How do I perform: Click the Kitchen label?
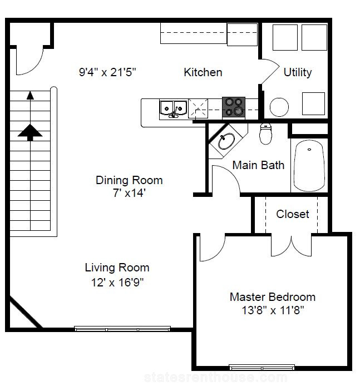point(203,72)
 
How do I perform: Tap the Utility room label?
point(298,72)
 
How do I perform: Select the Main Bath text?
point(258,165)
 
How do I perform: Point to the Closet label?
point(293,214)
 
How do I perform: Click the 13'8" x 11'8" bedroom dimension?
point(273,310)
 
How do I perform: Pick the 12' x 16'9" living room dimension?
point(117,283)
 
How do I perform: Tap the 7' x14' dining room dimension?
point(129,193)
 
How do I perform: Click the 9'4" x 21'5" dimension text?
point(107,72)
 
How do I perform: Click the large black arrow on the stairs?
point(30,132)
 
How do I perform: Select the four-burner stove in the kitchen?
point(234,107)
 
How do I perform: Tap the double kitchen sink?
point(174,108)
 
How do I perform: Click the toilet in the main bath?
point(265,133)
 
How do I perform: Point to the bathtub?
point(309,166)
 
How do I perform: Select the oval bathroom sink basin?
point(226,141)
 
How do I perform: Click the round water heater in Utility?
point(279,107)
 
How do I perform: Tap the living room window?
point(122,329)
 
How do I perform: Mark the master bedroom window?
point(262,367)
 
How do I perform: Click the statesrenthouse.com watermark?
point(216,378)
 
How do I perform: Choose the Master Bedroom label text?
point(273,297)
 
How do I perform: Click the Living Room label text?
point(117,268)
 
